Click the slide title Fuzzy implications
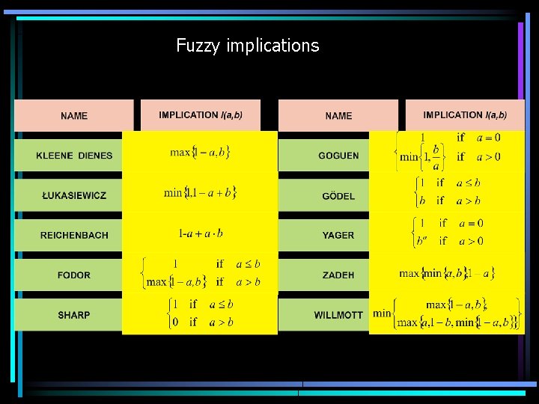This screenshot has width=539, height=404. (247, 46)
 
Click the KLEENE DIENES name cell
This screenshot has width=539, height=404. (74, 156)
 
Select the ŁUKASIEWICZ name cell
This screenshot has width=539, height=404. (74, 195)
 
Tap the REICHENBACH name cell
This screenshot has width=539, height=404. (74, 235)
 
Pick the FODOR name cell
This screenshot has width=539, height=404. (74, 275)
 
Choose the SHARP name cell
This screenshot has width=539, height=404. (74, 315)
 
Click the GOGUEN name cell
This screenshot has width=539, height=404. (338, 156)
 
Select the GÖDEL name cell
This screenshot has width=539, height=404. (338, 195)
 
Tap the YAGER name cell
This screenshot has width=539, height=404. (338, 235)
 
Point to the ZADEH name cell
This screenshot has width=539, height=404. (338, 275)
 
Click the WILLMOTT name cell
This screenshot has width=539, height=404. (338, 315)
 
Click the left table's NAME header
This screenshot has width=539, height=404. (74, 116)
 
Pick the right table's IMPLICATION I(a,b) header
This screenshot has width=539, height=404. (465, 115)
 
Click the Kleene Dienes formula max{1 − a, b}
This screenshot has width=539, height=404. (200, 153)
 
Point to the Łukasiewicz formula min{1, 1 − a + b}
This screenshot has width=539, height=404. (200, 192)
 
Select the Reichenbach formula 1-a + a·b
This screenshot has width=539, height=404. (201, 233)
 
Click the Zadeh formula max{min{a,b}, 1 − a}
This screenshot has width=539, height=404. (447, 273)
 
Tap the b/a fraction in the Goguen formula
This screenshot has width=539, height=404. (436, 156)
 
